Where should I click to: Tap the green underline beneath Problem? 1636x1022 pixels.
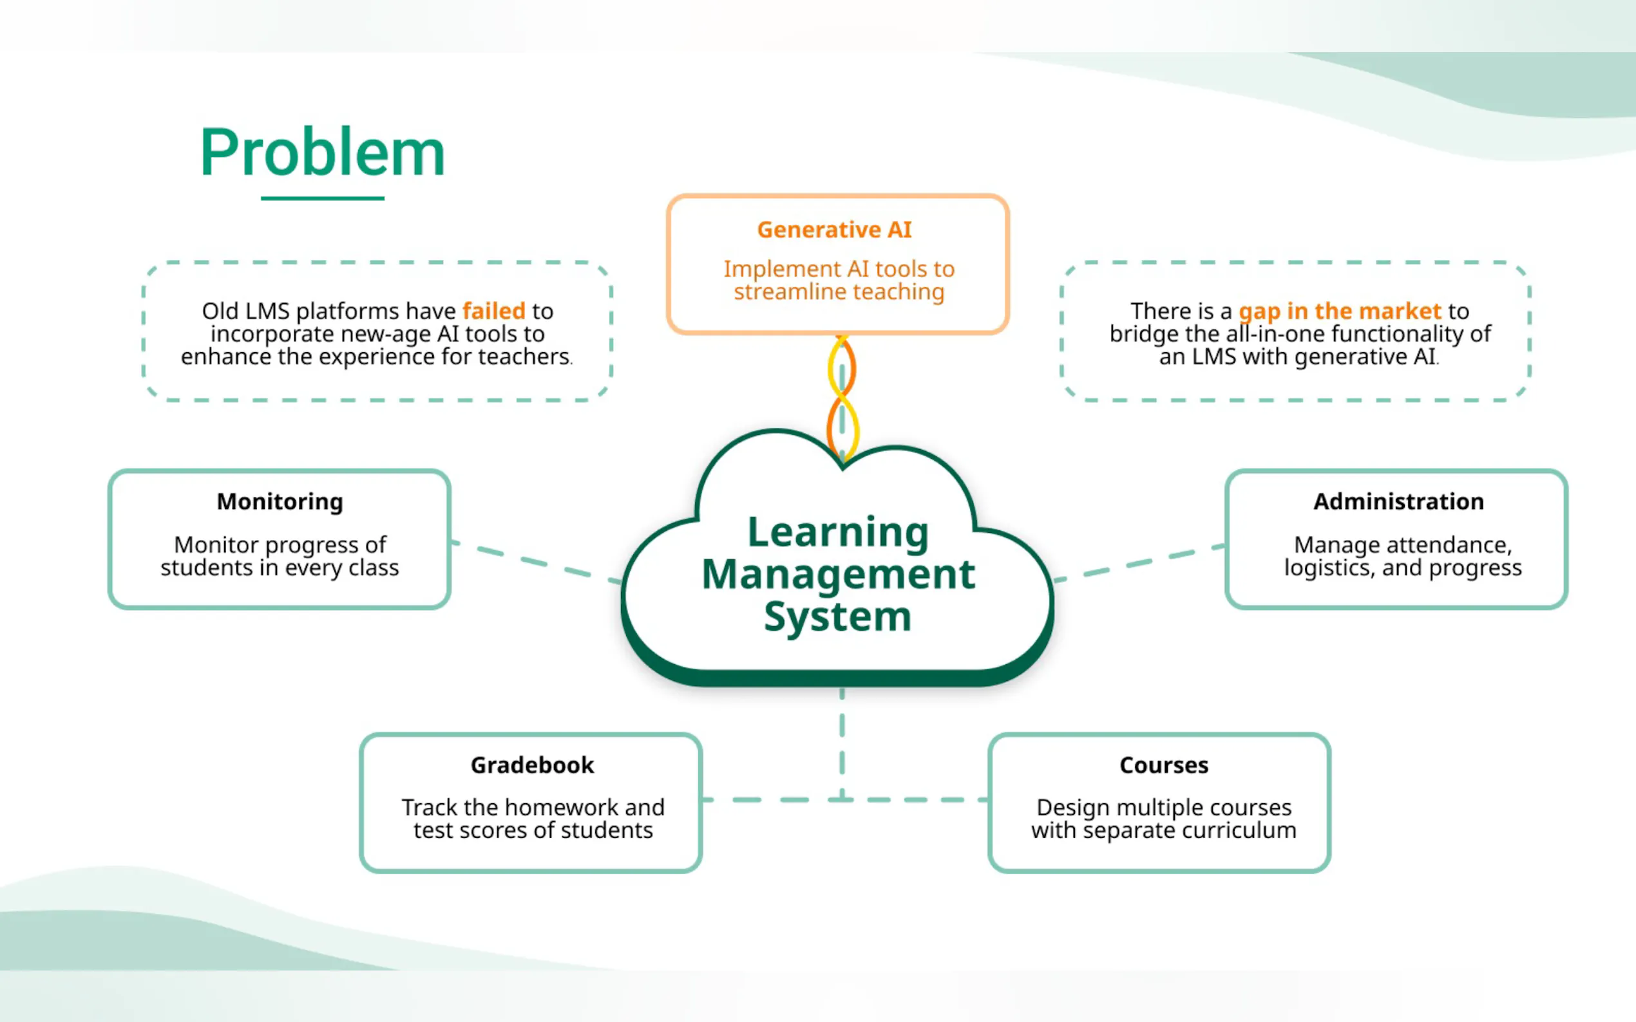(323, 198)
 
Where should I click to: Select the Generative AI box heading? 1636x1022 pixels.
(834, 230)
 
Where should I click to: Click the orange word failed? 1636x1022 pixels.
(494, 311)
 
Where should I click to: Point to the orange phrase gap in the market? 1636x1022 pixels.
(1340, 311)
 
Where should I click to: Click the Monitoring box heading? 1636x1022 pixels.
(280, 501)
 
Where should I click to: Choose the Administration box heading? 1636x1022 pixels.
(1398, 501)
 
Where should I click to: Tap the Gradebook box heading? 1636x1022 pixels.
(532, 765)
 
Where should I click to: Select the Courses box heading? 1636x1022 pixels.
(1163, 765)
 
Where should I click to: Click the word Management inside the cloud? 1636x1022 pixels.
(838, 575)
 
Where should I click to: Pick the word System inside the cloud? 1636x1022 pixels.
(838, 617)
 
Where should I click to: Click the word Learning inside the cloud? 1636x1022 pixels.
(838, 532)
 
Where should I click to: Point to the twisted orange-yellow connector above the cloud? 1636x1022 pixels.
(842, 399)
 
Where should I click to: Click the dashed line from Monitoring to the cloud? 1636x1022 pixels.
(535, 562)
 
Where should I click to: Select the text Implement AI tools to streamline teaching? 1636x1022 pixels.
(839, 281)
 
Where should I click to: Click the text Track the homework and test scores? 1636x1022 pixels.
(533, 819)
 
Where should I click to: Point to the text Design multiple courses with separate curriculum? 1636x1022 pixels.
(1163, 819)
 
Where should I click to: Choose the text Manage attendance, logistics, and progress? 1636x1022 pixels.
(1403, 556)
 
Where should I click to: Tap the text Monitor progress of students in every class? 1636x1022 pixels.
(280, 556)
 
